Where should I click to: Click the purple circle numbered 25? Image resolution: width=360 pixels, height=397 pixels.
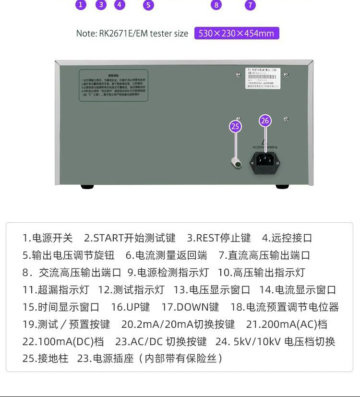pyautogui.click(x=235, y=126)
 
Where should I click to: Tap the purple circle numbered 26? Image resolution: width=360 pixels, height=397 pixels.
pyautogui.click(x=265, y=120)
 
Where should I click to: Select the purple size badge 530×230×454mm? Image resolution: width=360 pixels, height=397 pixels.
pyautogui.click(x=236, y=33)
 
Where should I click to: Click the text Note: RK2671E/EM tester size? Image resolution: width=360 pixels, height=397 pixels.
pyautogui.click(x=132, y=33)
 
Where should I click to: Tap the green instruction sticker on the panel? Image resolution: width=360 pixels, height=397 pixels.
pyautogui.click(x=113, y=85)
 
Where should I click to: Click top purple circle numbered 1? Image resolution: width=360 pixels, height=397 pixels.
pyautogui.click(x=81, y=5)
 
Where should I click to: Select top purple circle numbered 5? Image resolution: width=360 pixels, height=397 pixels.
pyautogui.click(x=149, y=5)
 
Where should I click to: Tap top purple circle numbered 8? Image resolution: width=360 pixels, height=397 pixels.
pyautogui.click(x=216, y=5)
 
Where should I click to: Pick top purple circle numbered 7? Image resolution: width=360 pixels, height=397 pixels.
pyautogui.click(x=250, y=5)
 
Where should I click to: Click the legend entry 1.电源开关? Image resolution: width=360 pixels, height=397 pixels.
pyautogui.click(x=48, y=238)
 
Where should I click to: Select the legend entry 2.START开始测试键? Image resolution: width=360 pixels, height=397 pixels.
pyautogui.click(x=130, y=238)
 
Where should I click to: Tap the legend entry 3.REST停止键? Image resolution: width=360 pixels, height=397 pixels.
pyautogui.click(x=219, y=238)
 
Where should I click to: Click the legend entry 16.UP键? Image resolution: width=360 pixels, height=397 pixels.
pyautogui.click(x=130, y=307)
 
